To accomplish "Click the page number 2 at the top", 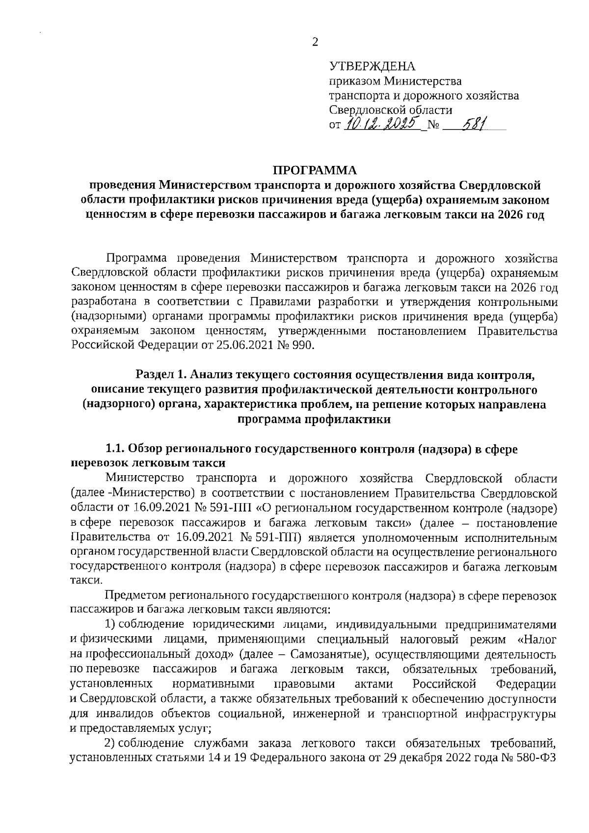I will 315,42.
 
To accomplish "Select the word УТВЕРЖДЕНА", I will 372,66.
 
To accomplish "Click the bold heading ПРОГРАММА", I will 315,170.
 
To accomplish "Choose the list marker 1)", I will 111,625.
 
